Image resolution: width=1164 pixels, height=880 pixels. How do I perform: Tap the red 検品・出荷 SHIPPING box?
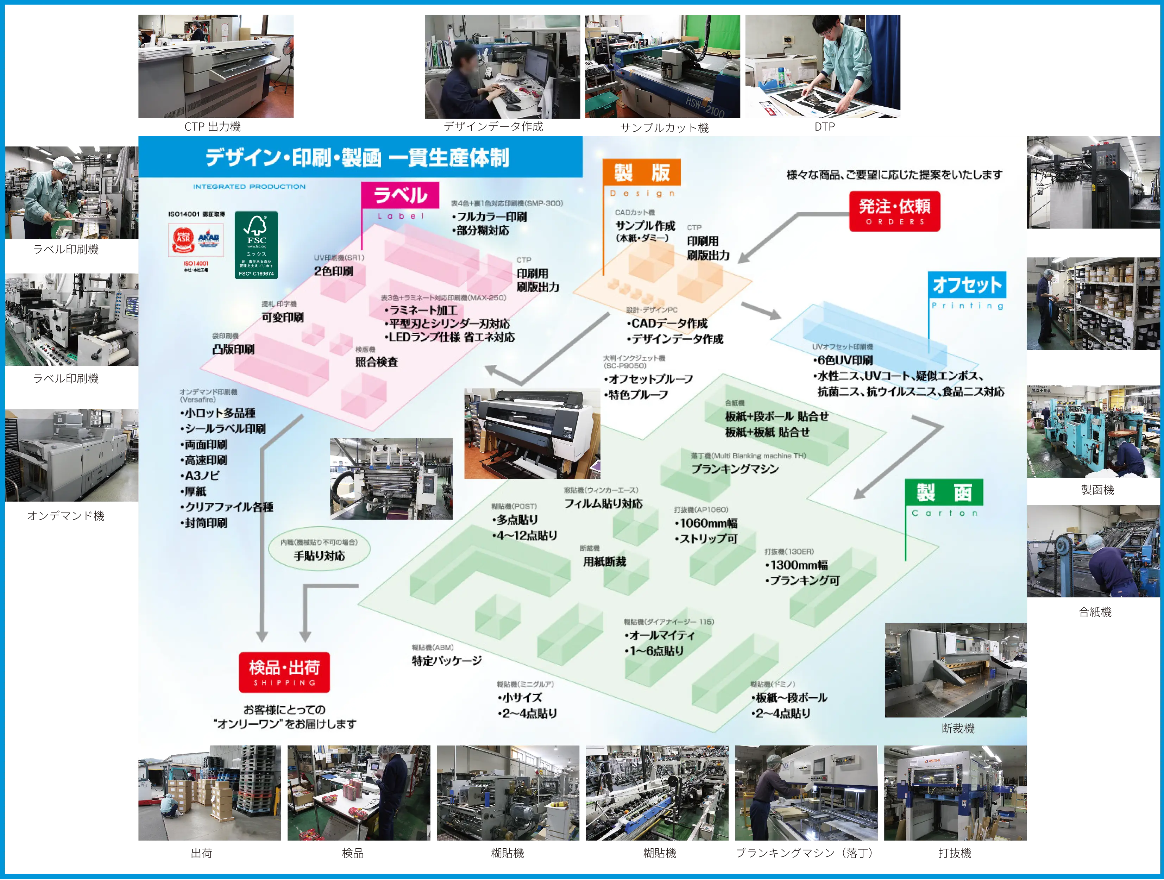284,672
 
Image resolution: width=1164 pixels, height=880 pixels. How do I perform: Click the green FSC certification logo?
256,245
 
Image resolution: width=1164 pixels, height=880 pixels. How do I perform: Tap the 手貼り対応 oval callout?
319,550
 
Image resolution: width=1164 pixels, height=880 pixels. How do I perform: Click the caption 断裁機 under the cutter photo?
958,728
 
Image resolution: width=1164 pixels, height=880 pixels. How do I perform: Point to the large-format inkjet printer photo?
531,433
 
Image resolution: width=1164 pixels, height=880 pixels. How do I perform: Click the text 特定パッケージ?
447,660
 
